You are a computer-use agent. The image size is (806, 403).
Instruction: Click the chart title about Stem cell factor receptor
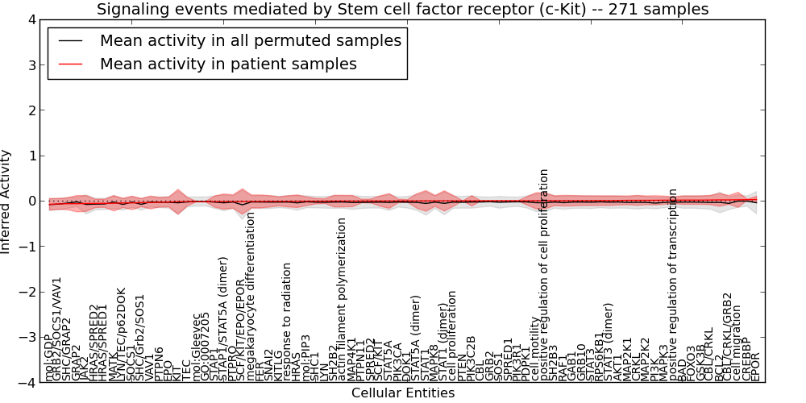pyautogui.click(x=403, y=10)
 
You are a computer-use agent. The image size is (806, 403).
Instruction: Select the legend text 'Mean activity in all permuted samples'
pyautogui.click(x=250, y=40)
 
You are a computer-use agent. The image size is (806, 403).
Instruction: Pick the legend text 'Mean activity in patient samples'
pyautogui.click(x=228, y=64)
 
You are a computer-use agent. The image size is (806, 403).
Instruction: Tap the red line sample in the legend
pyautogui.click(x=69, y=64)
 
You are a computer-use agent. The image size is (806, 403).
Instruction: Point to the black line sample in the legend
pyautogui.click(x=69, y=40)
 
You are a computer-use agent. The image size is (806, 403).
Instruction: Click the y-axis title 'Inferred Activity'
pyautogui.click(x=7, y=201)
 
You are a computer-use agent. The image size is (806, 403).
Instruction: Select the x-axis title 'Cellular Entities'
pyautogui.click(x=403, y=393)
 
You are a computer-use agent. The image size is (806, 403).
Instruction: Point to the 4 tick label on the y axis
pyautogui.click(x=30, y=19)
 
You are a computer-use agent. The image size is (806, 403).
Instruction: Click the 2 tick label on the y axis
pyautogui.click(x=30, y=110)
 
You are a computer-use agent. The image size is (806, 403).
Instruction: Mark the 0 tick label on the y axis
pyautogui.click(x=30, y=201)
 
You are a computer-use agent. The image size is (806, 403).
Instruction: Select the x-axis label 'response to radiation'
pyautogui.click(x=288, y=320)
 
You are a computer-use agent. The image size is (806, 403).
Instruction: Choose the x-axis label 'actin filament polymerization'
pyautogui.click(x=342, y=298)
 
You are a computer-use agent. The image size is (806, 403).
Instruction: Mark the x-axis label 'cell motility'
pyautogui.click(x=534, y=350)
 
